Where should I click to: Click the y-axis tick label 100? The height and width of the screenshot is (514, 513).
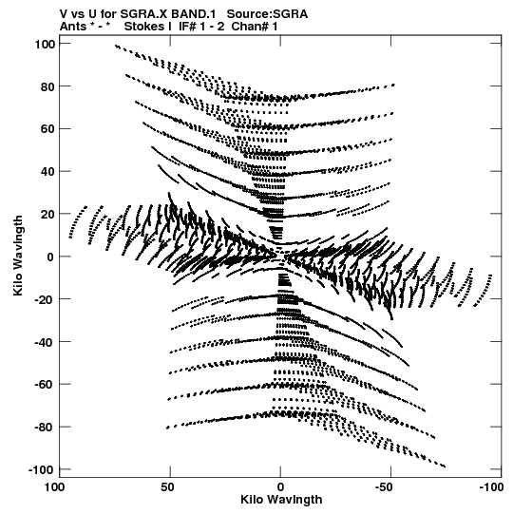coord(45,44)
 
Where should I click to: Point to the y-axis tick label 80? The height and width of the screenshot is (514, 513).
coord(47,86)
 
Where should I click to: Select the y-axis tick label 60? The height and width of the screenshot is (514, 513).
coord(47,129)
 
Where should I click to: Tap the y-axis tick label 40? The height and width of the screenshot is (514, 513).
coord(47,172)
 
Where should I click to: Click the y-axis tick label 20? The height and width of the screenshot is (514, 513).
coord(47,215)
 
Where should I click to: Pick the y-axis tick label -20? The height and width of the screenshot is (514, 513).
coord(46,299)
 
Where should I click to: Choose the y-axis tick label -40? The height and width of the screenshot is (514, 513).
coord(46,342)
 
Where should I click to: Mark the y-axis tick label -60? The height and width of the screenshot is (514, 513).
coord(46,385)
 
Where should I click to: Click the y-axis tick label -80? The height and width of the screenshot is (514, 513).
coord(46,428)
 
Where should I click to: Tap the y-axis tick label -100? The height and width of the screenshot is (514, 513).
coord(42,470)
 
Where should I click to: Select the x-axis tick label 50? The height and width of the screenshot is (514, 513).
coord(167,487)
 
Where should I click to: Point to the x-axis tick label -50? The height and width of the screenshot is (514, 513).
coord(389,487)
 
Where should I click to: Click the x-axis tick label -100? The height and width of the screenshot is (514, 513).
coord(491,487)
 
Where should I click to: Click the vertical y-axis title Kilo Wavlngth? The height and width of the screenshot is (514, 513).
coord(18,256)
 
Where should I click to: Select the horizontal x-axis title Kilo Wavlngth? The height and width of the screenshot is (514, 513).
coord(281,500)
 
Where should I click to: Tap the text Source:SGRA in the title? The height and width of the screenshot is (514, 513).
coord(268,14)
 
